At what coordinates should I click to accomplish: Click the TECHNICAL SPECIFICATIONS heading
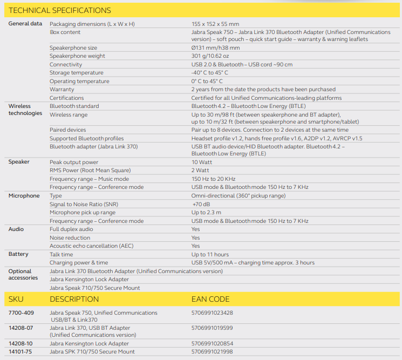[x=60, y=10]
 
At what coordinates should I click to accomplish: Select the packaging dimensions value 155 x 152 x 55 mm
[x=215, y=24]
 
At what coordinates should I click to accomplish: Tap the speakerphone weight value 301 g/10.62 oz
[x=210, y=56]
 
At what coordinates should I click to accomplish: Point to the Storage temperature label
[x=76, y=73]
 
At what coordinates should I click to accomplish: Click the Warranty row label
[x=62, y=90]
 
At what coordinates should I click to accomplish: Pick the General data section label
[x=25, y=24]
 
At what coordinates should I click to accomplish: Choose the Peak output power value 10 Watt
[x=202, y=162]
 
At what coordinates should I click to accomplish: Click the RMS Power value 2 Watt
[x=200, y=171]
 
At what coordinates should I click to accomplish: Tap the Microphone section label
[x=24, y=196]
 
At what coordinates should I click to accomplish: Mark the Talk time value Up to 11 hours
[x=210, y=254]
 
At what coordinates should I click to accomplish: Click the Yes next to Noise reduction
[x=195, y=237]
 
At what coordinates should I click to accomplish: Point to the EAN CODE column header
[x=210, y=299]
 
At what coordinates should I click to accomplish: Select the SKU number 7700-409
[x=21, y=313]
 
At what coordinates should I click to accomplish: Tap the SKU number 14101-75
[x=21, y=352]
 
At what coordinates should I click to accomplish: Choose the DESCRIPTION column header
[x=74, y=299]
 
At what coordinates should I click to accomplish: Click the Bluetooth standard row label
[x=74, y=106]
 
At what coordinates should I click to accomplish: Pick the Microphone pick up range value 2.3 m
[x=206, y=213]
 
